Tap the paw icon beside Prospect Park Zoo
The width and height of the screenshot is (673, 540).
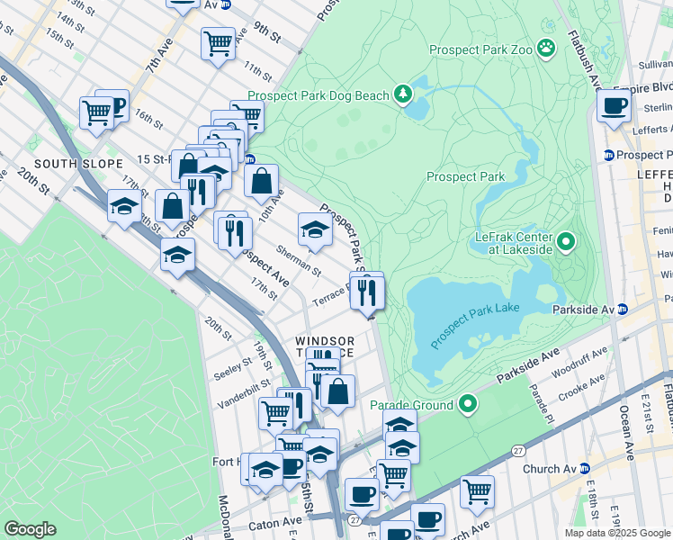pyautogui.click(x=546, y=47)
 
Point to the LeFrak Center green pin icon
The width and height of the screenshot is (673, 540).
pyautogui.click(x=566, y=240)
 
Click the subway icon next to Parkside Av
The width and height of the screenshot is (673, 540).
pyautogui.click(x=622, y=310)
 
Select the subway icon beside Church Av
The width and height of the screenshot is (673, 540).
pyautogui.click(x=585, y=468)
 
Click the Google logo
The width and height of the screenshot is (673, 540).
pyautogui.click(x=30, y=529)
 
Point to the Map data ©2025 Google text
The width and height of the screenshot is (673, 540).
pyautogui.click(x=616, y=533)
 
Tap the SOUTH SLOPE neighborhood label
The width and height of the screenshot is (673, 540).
pyautogui.click(x=67, y=164)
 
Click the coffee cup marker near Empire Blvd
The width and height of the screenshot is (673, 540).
pyautogui.click(x=615, y=105)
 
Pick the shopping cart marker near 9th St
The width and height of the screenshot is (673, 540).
pyautogui.click(x=218, y=42)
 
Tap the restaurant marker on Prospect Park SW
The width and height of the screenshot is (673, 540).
pyautogui.click(x=367, y=292)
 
